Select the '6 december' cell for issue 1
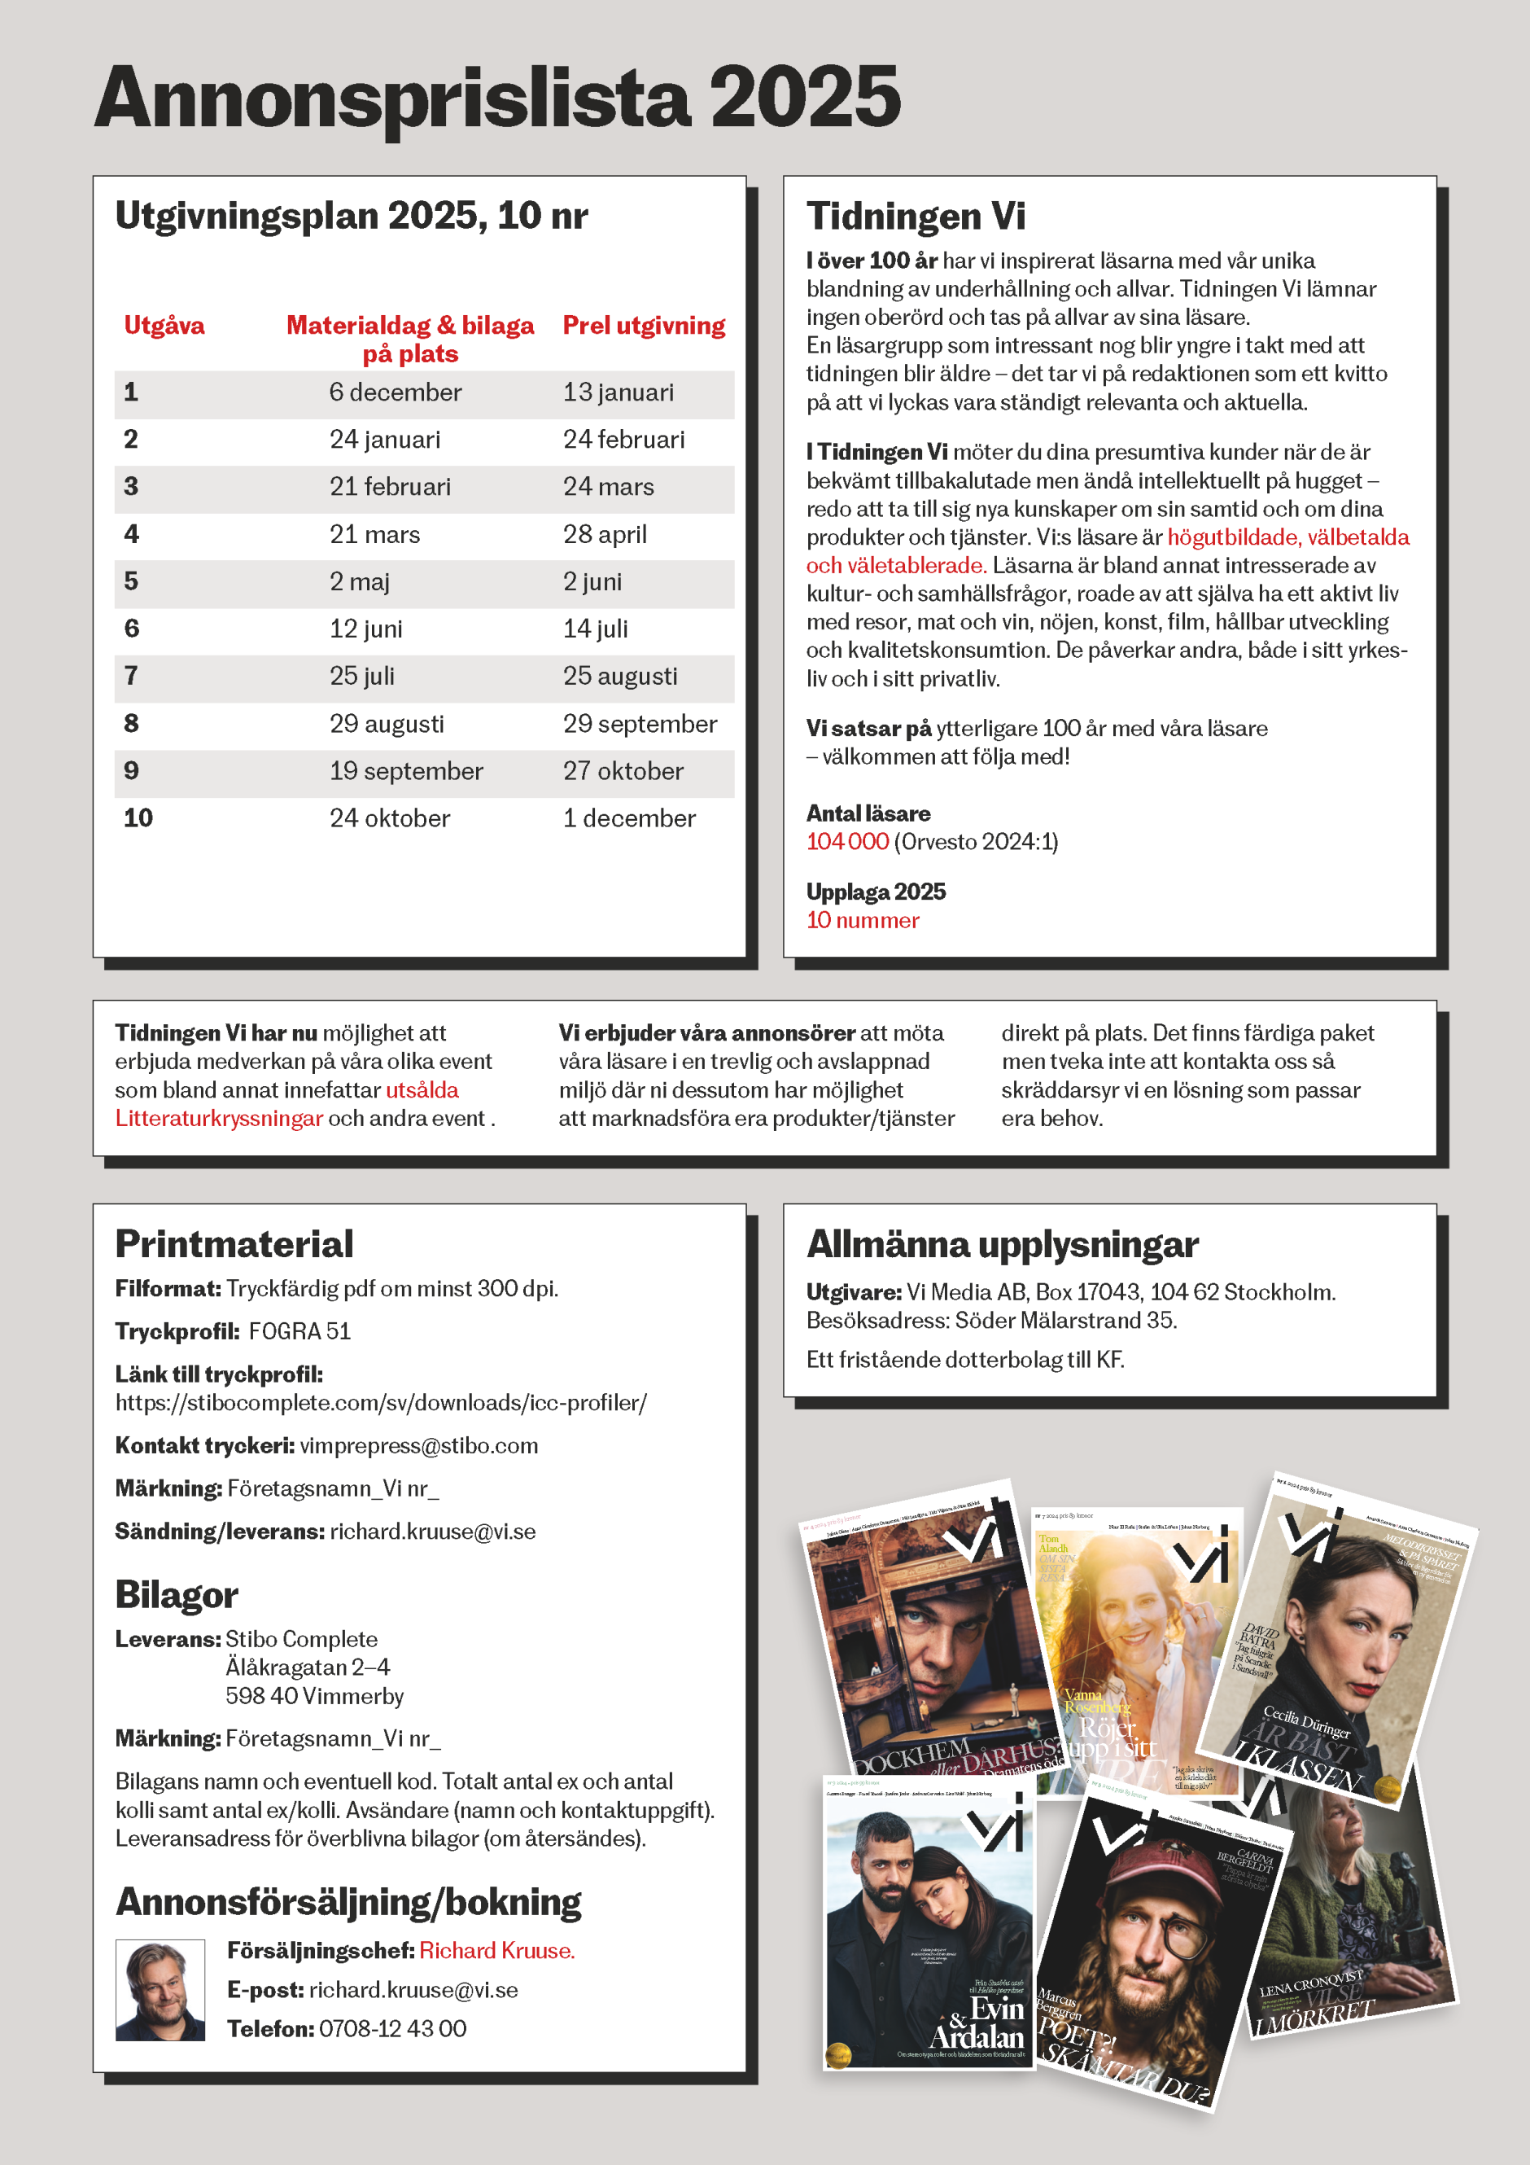[x=395, y=392]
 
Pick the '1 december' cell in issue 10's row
[x=629, y=818]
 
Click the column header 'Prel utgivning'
[x=644, y=326]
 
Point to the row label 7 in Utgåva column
[x=131, y=676]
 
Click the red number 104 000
[x=846, y=842]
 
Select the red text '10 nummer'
[x=863, y=920]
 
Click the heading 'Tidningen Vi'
[x=916, y=216]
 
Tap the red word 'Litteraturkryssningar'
[x=219, y=1119]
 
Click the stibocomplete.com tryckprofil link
[x=381, y=1403]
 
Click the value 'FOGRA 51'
[x=299, y=1331]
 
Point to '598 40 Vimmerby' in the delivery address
[x=314, y=1696]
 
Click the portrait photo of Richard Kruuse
[x=160, y=1990]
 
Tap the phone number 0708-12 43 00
[x=392, y=2028]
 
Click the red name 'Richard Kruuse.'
[x=496, y=1951]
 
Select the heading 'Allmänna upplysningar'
[x=1002, y=1245]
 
